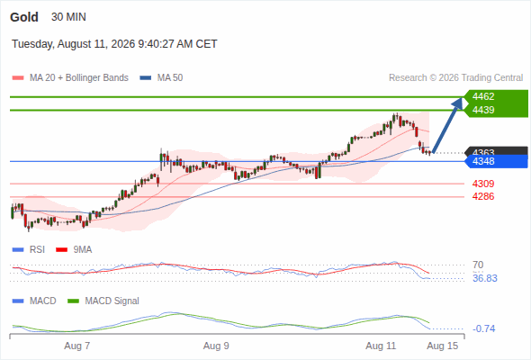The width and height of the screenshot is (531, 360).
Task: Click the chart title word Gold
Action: pyautogui.click(x=24, y=17)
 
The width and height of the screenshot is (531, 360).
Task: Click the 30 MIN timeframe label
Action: pyautogui.click(x=68, y=17)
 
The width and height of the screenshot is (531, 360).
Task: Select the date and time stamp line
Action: pyautogui.click(x=114, y=44)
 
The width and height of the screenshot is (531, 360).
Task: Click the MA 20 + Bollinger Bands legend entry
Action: pyautogui.click(x=70, y=78)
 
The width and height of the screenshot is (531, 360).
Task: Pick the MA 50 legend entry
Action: pyautogui.click(x=161, y=78)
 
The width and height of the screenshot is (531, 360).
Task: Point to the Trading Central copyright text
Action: pyautogui.click(x=455, y=78)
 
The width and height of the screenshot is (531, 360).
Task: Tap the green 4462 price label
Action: pyautogui.click(x=483, y=96)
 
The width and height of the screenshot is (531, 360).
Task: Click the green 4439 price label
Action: pyautogui.click(x=483, y=110)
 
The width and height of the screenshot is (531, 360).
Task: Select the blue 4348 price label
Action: pyautogui.click(x=483, y=161)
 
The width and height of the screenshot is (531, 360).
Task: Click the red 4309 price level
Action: pyautogui.click(x=483, y=184)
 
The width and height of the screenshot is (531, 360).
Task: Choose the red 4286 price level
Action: pyautogui.click(x=483, y=196)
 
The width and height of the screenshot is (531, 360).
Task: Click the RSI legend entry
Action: pyautogui.click(x=29, y=249)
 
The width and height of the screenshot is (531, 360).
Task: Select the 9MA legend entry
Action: pyautogui.click(x=74, y=249)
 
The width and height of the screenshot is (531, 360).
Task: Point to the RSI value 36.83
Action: pyautogui.click(x=485, y=278)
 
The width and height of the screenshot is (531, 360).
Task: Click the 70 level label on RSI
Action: pyautogui.click(x=478, y=265)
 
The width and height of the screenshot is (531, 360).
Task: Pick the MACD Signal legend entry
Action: pyautogui.click(x=103, y=301)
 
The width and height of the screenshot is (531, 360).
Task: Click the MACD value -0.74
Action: pyautogui.click(x=484, y=328)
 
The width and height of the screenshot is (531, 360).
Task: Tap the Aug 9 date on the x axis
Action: pyautogui.click(x=216, y=346)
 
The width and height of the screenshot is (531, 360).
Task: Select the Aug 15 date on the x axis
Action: pyautogui.click(x=443, y=346)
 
